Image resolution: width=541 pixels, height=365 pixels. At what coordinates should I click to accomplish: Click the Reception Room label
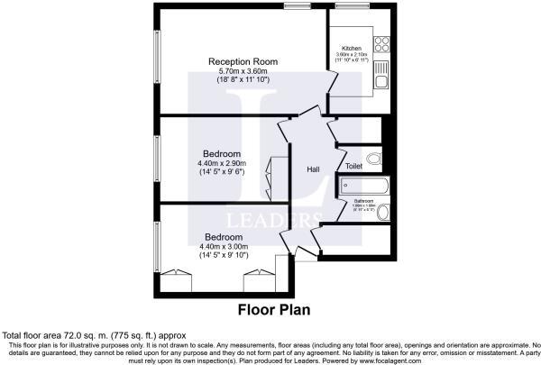tap(243, 61)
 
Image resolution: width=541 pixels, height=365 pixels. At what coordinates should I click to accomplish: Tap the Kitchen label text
tap(352, 48)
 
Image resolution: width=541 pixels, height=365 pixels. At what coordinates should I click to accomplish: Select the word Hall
tap(313, 169)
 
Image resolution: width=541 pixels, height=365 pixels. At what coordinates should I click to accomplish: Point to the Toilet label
tap(353, 167)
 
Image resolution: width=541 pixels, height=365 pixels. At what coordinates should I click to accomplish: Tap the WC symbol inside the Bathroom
tap(383, 213)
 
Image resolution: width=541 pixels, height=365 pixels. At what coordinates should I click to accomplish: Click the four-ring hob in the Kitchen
tap(381, 41)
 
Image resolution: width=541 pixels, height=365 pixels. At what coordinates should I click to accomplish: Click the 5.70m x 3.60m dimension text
tap(243, 71)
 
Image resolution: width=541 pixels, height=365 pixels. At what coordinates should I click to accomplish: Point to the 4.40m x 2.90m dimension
tap(221, 163)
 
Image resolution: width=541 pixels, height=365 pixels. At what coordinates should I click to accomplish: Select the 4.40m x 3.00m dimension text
tap(223, 246)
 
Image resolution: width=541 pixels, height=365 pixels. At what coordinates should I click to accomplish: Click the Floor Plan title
tap(274, 309)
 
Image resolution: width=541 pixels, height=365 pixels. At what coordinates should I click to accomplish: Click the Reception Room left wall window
tap(155, 60)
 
